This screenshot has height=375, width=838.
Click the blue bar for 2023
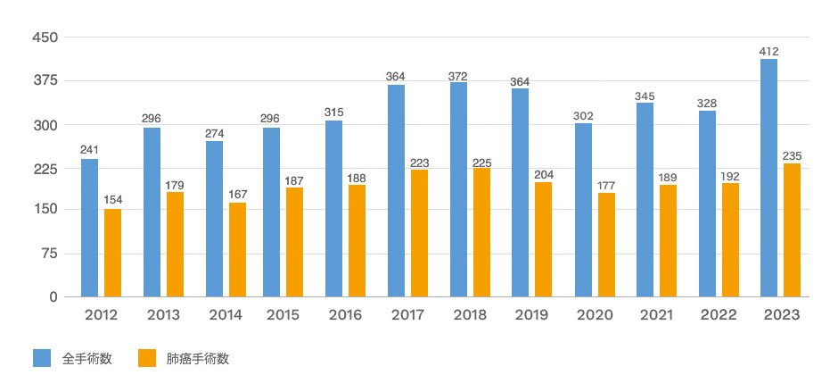click(768, 178)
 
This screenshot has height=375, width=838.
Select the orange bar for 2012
click(112, 253)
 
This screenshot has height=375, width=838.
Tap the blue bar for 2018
click(458, 189)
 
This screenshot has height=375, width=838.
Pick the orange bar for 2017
click(419, 233)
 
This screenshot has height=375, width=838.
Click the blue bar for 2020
click(583, 210)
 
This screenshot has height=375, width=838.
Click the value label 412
click(768, 51)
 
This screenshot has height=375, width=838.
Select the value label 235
click(792, 155)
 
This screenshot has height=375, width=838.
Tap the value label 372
click(458, 74)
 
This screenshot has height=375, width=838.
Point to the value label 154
click(112, 201)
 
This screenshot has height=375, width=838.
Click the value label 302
click(583, 115)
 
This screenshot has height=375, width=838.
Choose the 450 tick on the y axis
click(45, 37)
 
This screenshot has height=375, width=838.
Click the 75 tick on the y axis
click(50, 254)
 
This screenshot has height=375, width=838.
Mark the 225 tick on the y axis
click(45, 167)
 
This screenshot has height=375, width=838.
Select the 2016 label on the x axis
click(345, 315)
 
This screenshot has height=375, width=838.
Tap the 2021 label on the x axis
click(656, 315)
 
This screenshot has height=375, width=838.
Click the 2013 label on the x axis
click(163, 315)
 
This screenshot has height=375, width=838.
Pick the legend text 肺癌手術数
click(198, 359)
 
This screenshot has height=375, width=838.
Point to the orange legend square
click(148, 358)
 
